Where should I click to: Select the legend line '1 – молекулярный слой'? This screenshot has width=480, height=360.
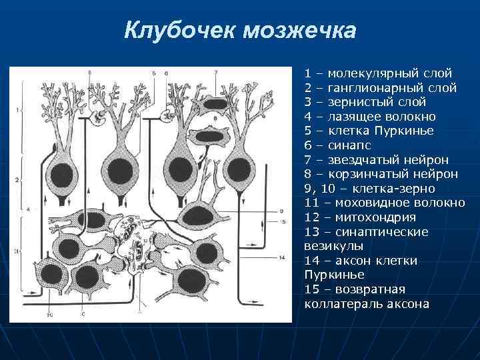click(x=378, y=72)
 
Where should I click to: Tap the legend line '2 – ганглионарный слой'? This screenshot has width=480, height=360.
click(x=380, y=87)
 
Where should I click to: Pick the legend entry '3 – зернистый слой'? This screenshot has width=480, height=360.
click(x=365, y=101)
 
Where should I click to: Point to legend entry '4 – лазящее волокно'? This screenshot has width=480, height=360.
click(x=371, y=116)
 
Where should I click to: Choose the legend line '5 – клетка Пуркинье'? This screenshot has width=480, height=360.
click(x=369, y=130)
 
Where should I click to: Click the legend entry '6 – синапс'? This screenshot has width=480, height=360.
click(x=338, y=145)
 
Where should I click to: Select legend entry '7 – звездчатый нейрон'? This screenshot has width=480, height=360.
click(x=376, y=159)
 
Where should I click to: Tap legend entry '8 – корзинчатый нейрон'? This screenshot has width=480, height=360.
click(x=381, y=174)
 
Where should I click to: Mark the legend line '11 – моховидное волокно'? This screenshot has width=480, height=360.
click(x=384, y=203)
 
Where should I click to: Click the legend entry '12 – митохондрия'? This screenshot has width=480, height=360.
click(x=360, y=217)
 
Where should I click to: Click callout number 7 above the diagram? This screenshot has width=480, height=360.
click(x=216, y=71)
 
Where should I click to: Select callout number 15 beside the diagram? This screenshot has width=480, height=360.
click(x=283, y=221)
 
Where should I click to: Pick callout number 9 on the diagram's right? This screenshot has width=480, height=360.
click(x=282, y=211)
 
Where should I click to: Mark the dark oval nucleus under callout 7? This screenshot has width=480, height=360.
click(x=214, y=104)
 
